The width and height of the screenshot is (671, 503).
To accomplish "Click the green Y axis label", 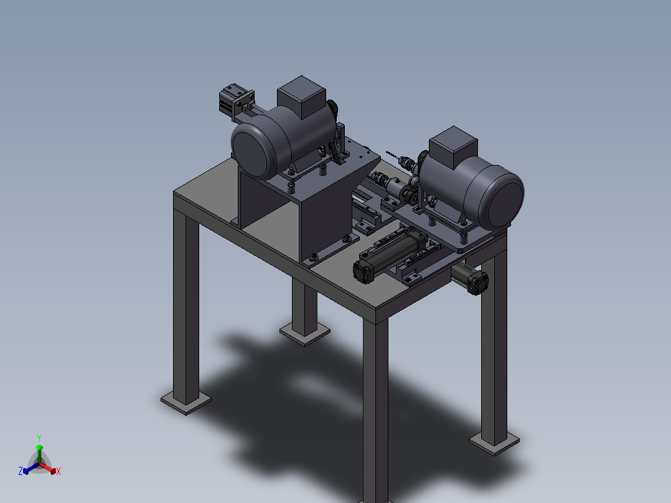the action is point(39,438).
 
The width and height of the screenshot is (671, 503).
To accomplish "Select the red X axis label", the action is point(59,471).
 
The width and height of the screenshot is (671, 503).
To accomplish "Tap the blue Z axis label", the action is point(21,471).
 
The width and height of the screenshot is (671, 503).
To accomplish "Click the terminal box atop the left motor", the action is point(301,96).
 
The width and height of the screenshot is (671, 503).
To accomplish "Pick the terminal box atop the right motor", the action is point(453,147).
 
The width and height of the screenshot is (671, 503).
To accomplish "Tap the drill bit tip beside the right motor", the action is point(387,151).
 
